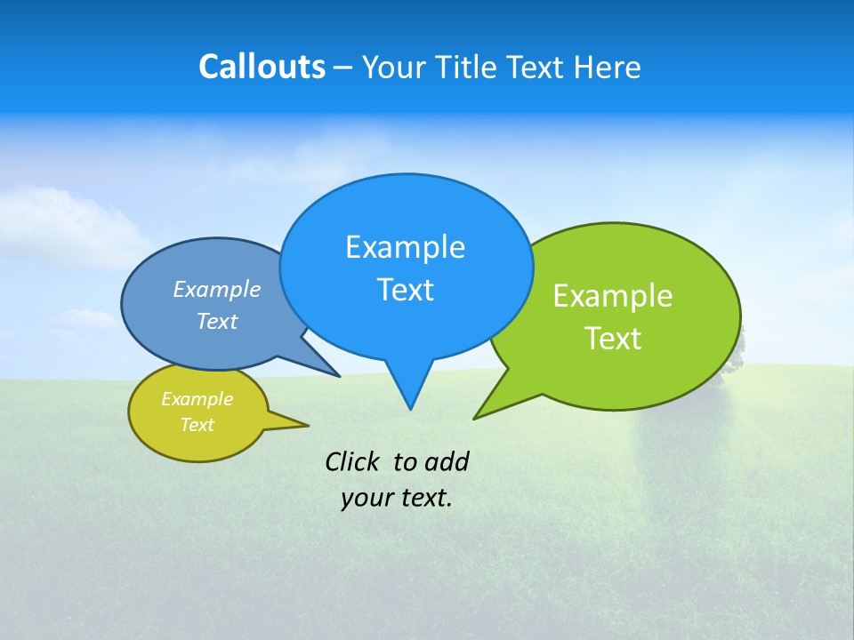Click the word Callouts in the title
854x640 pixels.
click(262, 67)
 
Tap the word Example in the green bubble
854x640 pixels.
click(613, 296)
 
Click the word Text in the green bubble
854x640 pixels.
click(613, 339)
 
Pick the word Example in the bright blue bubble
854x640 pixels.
click(405, 247)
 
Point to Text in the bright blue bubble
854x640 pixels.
click(405, 290)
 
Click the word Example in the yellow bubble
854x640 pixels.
click(197, 399)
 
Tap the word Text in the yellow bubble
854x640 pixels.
click(197, 425)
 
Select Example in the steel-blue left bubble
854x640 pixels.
click(216, 289)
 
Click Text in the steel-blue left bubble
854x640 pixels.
click(216, 321)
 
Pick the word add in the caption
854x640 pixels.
click(447, 461)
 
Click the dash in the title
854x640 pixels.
click(344, 68)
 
